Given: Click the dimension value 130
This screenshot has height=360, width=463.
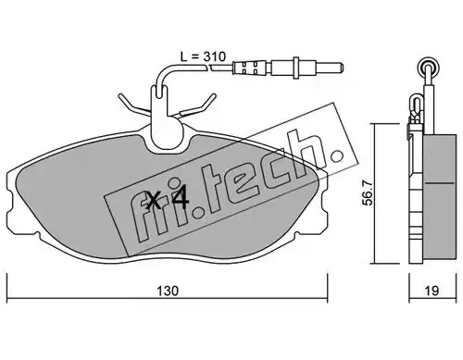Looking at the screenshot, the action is click(x=168, y=291).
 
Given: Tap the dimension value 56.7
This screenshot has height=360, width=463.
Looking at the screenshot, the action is click(x=368, y=193).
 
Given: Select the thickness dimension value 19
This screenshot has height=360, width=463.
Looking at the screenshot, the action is click(x=432, y=291).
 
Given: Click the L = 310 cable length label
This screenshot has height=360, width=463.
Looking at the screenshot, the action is click(x=203, y=56).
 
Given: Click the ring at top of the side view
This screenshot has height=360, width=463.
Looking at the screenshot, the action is click(x=428, y=65).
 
